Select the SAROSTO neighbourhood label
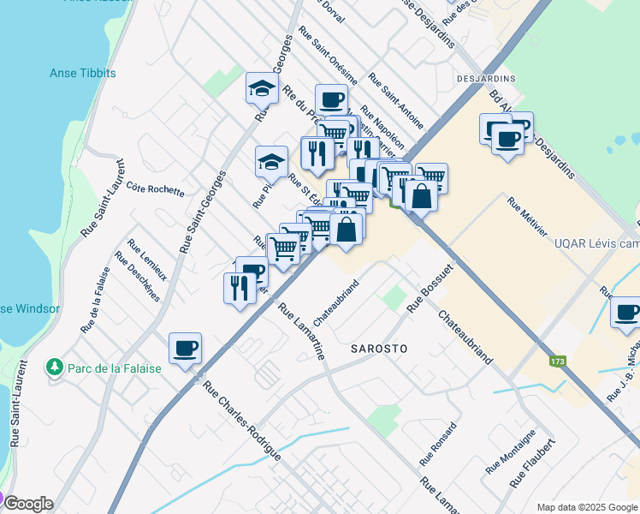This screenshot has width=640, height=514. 378,350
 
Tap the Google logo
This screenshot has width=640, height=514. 27,504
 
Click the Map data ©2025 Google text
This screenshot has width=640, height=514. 586,507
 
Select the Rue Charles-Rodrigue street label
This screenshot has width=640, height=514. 241,420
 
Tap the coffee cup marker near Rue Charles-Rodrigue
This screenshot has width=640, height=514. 185,349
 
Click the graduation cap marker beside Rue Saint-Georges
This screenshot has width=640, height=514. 262,87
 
